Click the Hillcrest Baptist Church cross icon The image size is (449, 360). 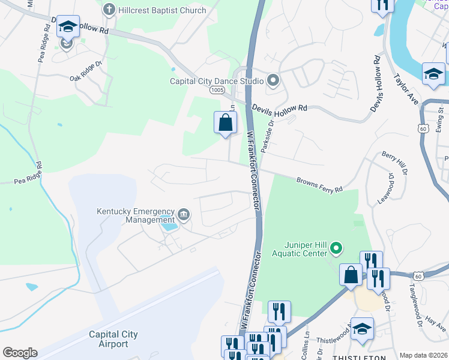pyautogui.click(x=108, y=10)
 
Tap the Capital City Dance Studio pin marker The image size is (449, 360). pyautogui.click(x=273, y=81)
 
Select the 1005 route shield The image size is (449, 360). pyautogui.click(x=217, y=90)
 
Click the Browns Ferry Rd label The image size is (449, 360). pyautogui.click(x=319, y=184)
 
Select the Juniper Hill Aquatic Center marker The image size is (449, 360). pyautogui.click(x=337, y=247)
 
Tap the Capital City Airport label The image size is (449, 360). pyautogui.click(x=113, y=339)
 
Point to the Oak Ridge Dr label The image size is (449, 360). pyautogui.click(x=86, y=76)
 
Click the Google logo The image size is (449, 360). pyautogui.click(x=20, y=353)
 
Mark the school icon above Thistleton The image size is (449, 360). pyautogui.click(x=363, y=329)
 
